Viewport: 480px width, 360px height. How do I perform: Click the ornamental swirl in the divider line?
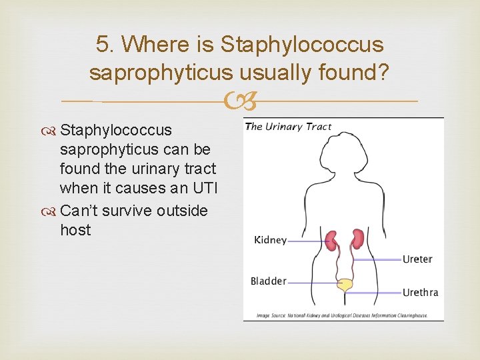point(240,102)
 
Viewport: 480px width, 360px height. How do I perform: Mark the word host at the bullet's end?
point(75,231)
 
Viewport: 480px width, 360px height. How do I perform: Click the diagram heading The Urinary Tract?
point(288,127)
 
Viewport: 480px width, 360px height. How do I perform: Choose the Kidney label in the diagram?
point(270,240)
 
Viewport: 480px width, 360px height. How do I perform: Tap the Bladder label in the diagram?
point(268,281)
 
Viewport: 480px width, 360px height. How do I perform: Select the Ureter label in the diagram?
point(417,259)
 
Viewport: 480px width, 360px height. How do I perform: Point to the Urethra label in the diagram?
point(420,292)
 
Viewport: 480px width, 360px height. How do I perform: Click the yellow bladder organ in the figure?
point(345,285)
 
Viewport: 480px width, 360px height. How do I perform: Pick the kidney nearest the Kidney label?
point(331,239)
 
